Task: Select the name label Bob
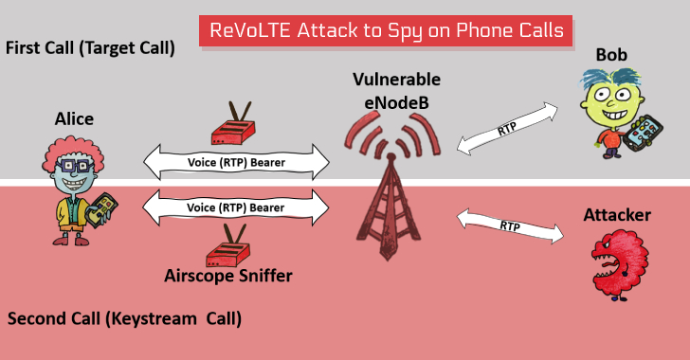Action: tap(611, 55)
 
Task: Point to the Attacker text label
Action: tap(617, 216)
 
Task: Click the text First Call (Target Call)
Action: tap(90, 46)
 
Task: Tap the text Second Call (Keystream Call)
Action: tap(124, 318)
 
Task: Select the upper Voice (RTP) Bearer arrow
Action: tap(236, 162)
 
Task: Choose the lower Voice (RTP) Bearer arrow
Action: tap(236, 206)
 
